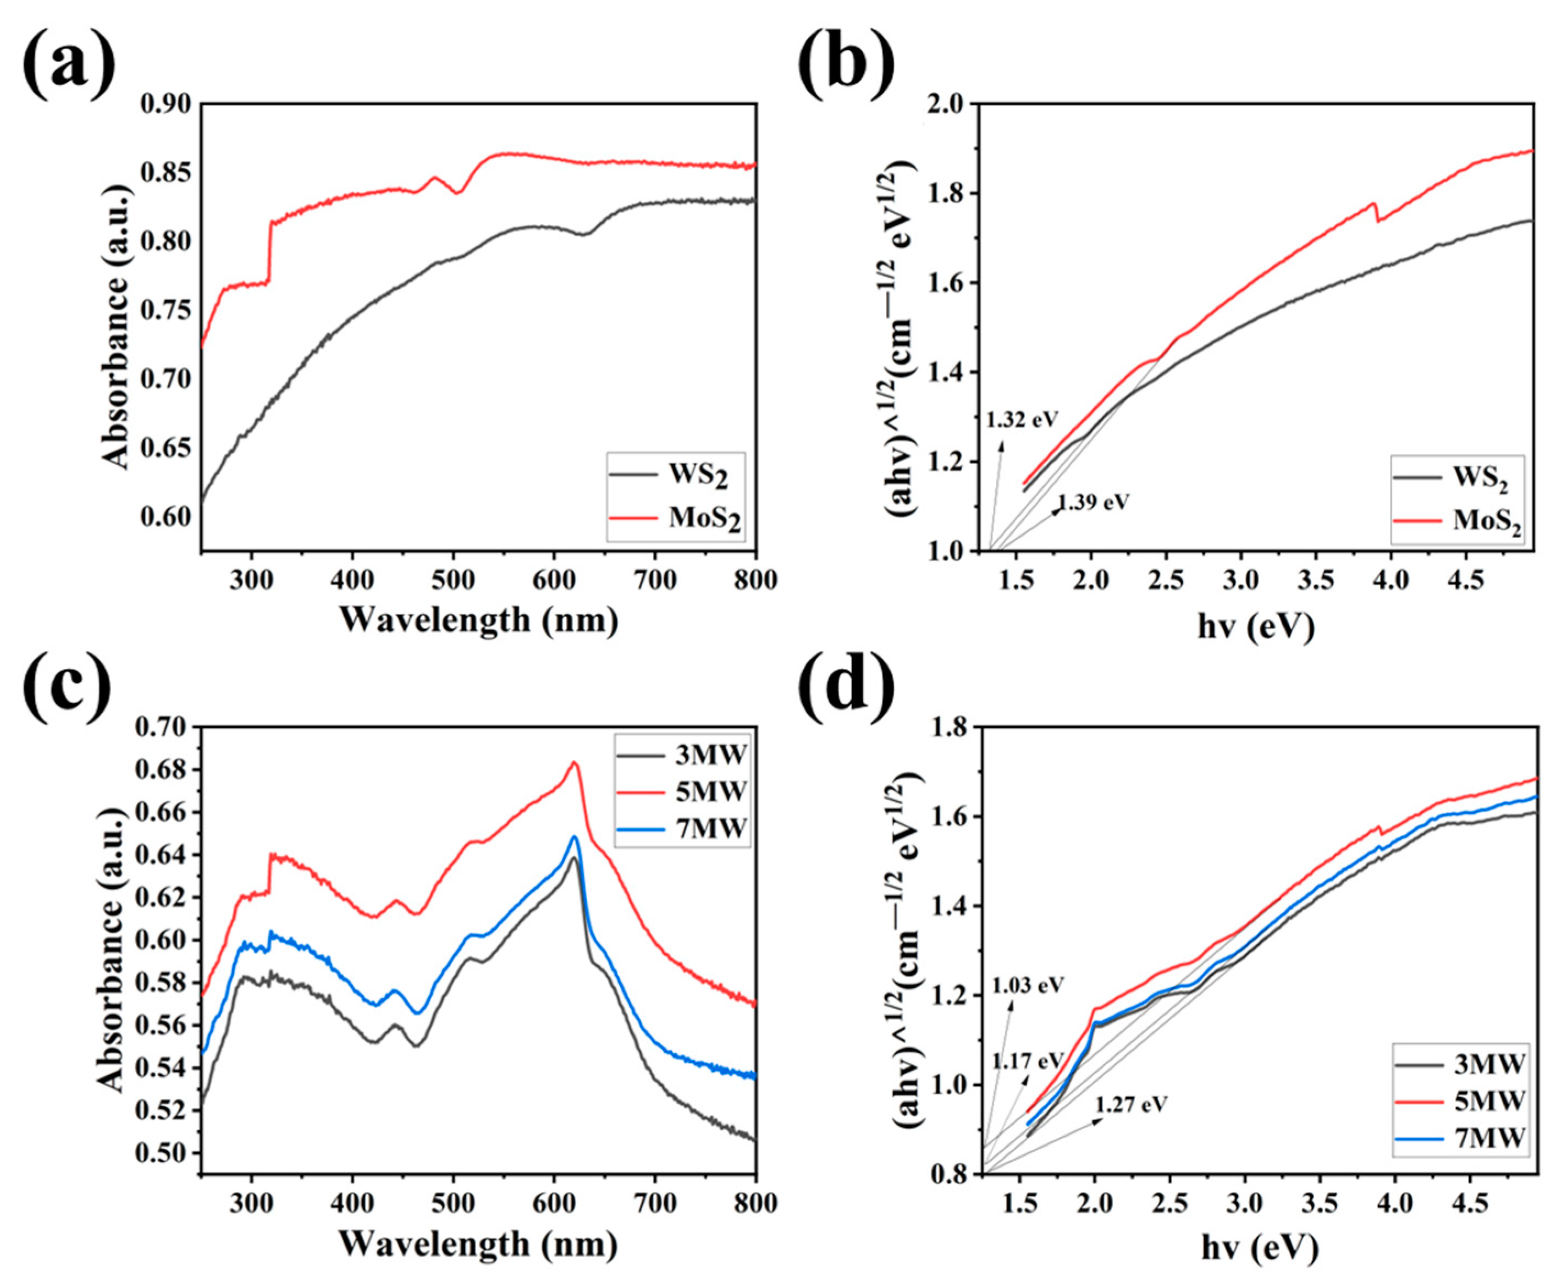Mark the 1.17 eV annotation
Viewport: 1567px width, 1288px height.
[1028, 1061]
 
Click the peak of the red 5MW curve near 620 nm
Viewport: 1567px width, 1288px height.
[573, 762]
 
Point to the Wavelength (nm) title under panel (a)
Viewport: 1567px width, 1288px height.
[478, 620]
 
